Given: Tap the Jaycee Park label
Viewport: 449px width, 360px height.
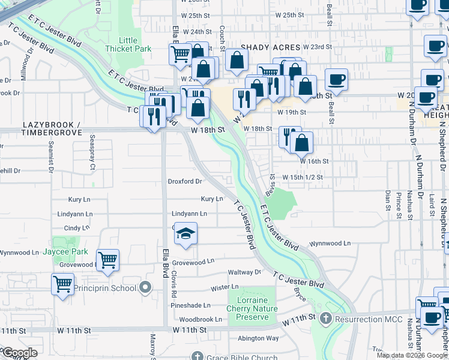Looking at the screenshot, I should tap(65, 252).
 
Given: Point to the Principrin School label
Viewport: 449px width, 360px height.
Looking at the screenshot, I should tap(104, 288).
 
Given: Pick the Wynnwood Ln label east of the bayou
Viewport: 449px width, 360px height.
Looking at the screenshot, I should tap(330, 244).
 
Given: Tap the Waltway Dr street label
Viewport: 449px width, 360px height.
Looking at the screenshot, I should tap(245, 272).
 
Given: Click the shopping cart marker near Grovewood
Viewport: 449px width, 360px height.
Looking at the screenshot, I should tap(107, 260).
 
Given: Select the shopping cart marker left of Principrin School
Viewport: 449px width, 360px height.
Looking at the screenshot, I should tap(62, 284).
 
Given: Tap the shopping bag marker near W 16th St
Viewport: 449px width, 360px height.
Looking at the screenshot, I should tap(302, 143).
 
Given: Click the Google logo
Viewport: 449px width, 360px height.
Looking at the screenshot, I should tap(20, 353).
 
